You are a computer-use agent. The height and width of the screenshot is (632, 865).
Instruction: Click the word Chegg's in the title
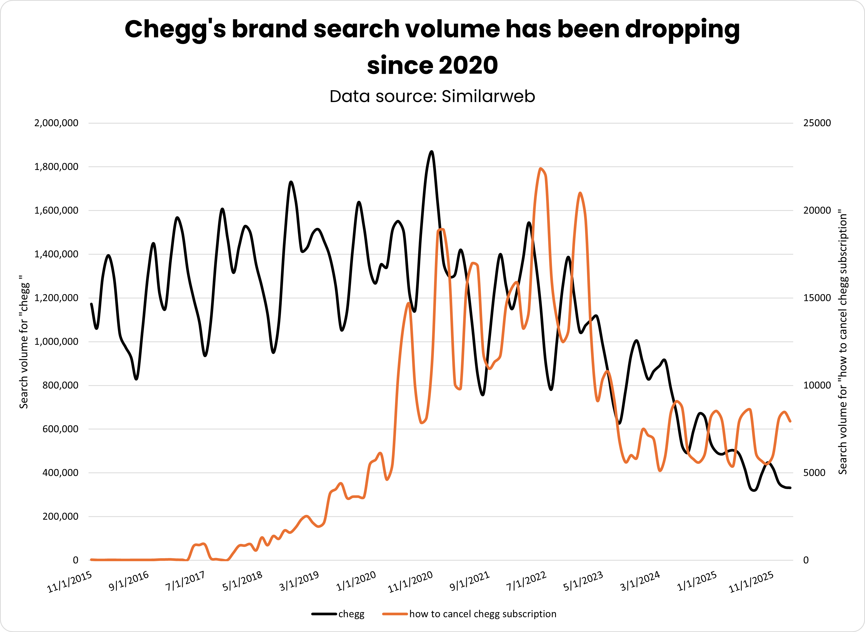tap(176, 29)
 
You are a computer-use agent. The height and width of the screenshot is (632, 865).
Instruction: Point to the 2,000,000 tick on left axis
tap(56, 123)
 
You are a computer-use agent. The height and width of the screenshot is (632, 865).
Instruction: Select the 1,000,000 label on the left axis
tap(56, 342)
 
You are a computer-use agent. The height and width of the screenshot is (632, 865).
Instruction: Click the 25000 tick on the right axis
tap(817, 123)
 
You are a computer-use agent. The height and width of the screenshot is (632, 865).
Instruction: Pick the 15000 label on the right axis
tap(817, 298)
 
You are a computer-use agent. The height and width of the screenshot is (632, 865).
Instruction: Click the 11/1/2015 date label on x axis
tap(70, 582)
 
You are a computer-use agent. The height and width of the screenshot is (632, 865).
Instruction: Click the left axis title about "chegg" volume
tap(24, 342)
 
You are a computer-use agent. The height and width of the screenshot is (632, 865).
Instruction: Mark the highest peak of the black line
tap(431, 152)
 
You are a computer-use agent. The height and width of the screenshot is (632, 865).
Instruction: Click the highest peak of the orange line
tap(540, 169)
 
